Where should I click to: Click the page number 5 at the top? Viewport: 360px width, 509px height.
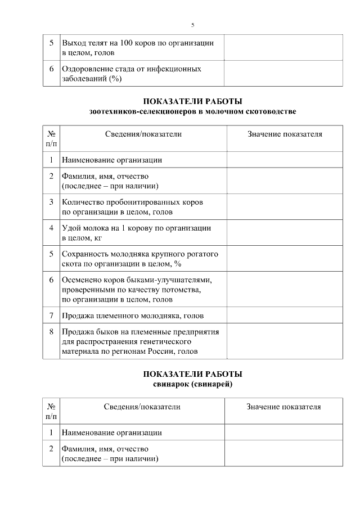click(192, 25)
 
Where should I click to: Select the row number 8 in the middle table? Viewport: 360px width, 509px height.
click(51, 332)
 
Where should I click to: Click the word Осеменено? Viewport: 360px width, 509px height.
click(83, 280)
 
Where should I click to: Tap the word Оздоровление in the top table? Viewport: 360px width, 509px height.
click(91, 69)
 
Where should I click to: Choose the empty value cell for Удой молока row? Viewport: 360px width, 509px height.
click(285, 233)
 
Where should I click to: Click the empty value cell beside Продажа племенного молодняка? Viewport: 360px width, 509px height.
click(285, 315)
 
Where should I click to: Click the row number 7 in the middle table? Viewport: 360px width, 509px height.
click(51, 315)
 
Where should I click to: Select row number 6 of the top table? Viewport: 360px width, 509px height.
click(51, 69)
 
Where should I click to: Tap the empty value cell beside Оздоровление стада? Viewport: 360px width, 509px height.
click(283, 74)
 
